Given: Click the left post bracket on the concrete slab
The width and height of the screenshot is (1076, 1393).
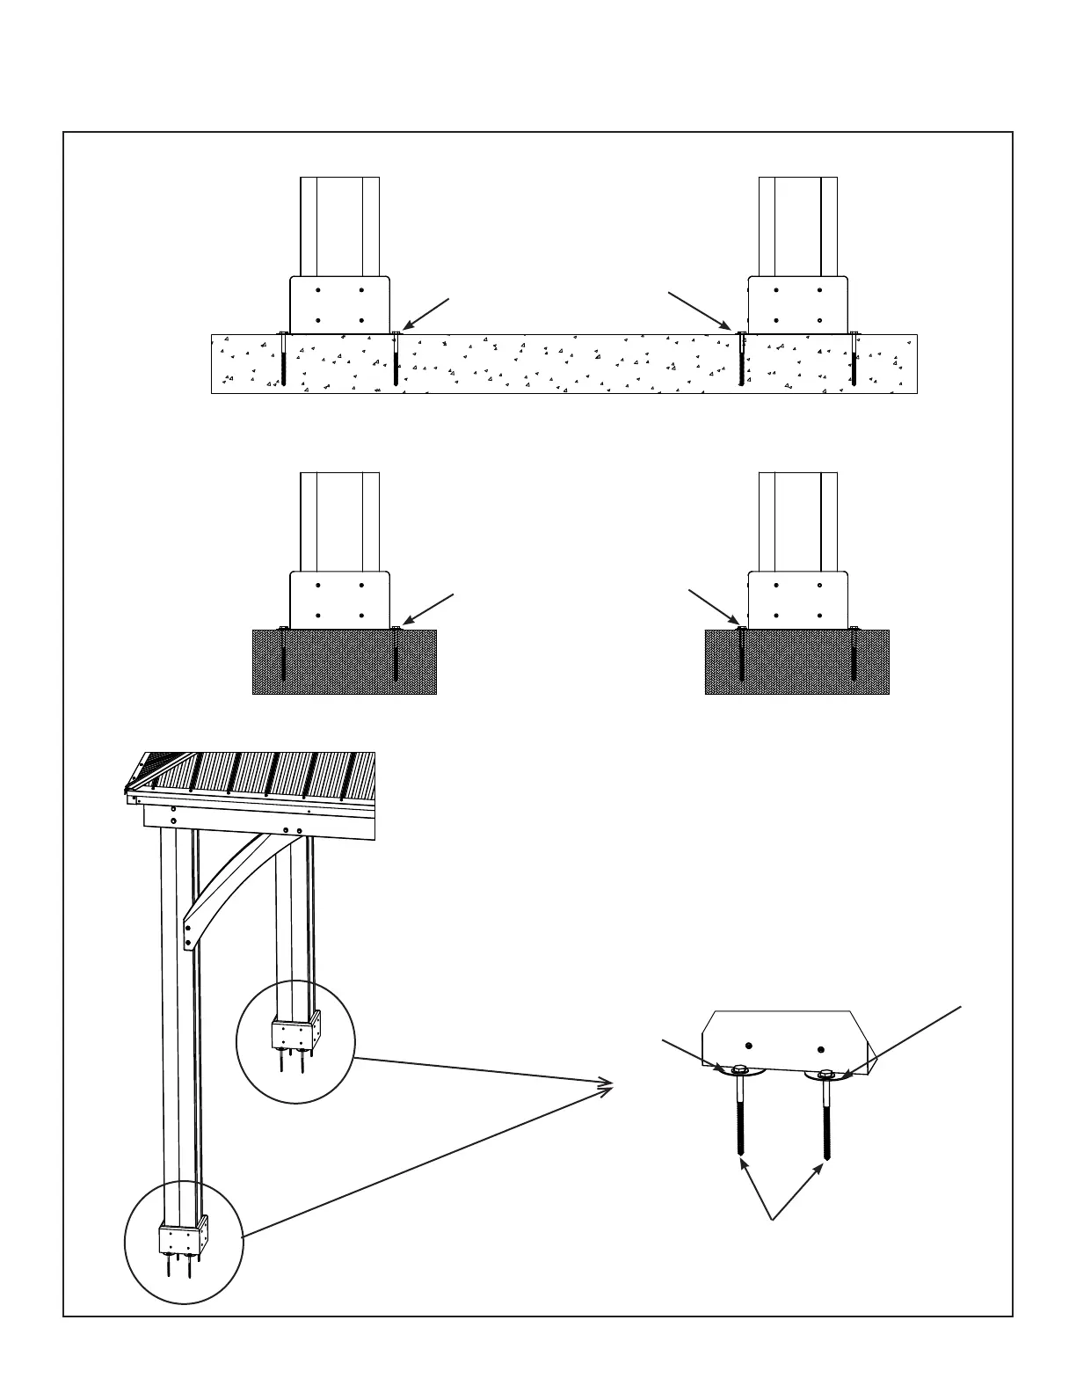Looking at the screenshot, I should point(339,305).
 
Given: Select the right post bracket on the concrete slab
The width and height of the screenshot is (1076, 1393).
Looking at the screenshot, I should point(797,305).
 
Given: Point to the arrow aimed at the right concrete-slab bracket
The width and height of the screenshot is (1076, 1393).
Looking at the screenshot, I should point(699,310).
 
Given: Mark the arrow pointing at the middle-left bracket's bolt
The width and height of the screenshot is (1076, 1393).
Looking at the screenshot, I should point(428,610).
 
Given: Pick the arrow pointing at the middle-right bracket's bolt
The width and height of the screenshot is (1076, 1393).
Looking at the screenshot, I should point(712,608).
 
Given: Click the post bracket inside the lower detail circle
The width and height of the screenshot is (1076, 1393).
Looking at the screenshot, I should point(183,1239).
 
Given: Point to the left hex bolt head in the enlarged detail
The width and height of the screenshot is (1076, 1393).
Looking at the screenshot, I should point(739,1070).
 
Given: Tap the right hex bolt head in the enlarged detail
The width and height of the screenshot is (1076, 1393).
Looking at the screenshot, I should point(825,1075).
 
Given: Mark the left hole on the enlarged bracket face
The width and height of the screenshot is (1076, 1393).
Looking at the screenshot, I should point(748,1046).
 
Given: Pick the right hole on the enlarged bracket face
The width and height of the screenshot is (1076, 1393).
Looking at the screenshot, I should point(820,1048).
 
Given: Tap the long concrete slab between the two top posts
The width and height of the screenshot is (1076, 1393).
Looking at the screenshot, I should point(563,363).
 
